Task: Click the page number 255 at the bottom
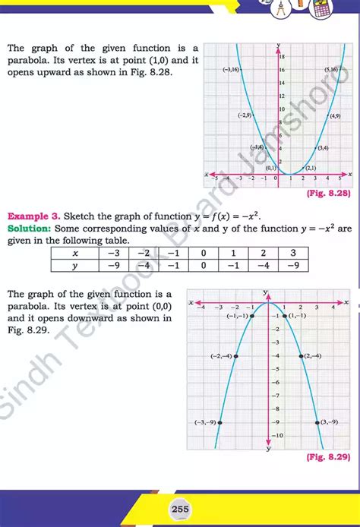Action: [180, 509]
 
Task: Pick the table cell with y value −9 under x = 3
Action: [293, 265]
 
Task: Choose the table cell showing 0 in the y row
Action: [203, 265]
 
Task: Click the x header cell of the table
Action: [74, 253]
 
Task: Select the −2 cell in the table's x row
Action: [143, 253]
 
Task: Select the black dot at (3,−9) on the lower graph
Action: [317, 422]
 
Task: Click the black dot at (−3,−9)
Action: [219, 422]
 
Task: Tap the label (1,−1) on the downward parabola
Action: [297, 315]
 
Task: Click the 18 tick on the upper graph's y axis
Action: [283, 57]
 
